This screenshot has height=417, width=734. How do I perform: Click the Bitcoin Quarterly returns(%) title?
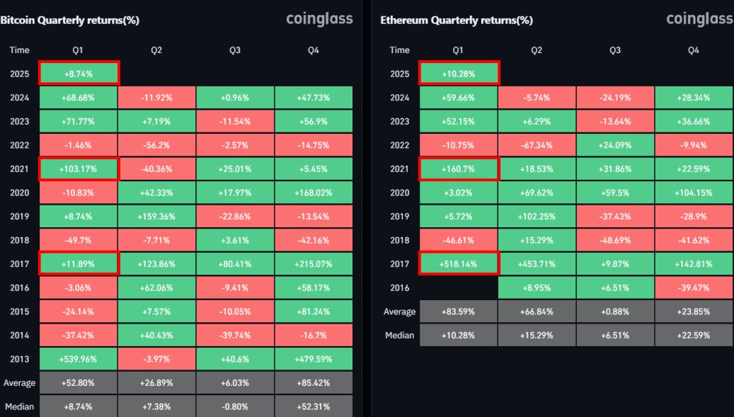pyautogui.click(x=69, y=20)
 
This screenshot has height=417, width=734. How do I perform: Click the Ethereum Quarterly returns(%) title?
pyautogui.click(x=457, y=20)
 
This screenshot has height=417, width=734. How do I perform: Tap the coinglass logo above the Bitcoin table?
pyautogui.click(x=319, y=19)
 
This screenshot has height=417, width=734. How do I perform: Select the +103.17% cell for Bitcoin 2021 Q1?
pyautogui.click(x=79, y=168)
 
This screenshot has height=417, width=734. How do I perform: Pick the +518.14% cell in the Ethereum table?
pyautogui.click(x=459, y=263)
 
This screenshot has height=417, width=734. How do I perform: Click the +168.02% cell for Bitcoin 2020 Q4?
pyautogui.click(x=314, y=193)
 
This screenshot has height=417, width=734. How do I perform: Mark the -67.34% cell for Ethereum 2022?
pyautogui.click(x=537, y=145)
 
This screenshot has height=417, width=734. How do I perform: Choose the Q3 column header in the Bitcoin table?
pyautogui.click(x=235, y=50)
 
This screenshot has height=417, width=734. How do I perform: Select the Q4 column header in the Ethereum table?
pyautogui.click(x=694, y=50)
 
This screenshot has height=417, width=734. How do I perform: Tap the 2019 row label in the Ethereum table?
pyautogui.click(x=400, y=216)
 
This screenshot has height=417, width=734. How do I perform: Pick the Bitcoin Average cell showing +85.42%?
pyautogui.click(x=314, y=383)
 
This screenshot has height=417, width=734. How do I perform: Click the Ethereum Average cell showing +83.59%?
pyautogui.click(x=459, y=312)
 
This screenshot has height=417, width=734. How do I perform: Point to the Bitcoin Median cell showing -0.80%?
pyautogui.click(x=235, y=406)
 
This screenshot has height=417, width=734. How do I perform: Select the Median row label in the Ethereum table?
pyautogui.click(x=400, y=335)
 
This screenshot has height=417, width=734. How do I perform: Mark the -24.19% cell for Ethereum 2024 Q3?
pyautogui.click(x=615, y=98)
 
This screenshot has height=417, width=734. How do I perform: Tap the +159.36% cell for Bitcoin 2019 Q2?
pyautogui.click(x=157, y=216)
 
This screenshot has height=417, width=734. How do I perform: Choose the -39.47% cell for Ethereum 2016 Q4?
pyautogui.click(x=694, y=287)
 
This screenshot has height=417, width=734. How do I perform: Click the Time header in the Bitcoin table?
pyautogui.click(x=20, y=50)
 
